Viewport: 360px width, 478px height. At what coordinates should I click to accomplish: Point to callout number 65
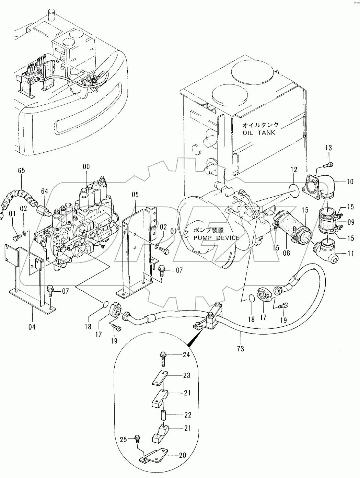[21, 170]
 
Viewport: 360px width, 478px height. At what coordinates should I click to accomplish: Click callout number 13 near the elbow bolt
[328, 148]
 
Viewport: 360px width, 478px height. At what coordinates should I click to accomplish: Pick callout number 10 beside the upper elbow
[349, 182]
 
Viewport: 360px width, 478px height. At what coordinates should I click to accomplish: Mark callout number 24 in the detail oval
[186, 355]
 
